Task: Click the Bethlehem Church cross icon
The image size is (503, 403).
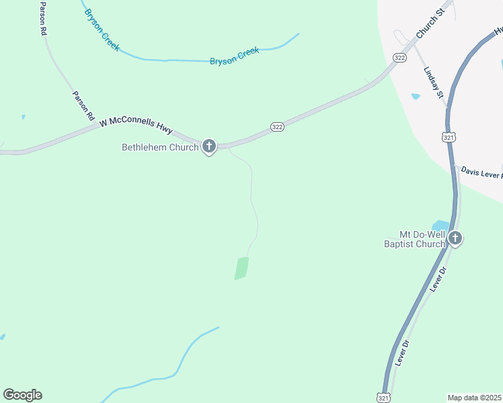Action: [x=208, y=146]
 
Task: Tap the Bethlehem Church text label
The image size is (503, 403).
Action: [x=160, y=147]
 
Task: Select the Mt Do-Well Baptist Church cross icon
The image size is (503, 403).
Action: [x=455, y=238]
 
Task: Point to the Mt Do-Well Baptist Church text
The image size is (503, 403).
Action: [x=423, y=239]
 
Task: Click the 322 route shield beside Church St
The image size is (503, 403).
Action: [x=400, y=58]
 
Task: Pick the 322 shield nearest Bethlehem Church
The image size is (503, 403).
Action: [x=277, y=126]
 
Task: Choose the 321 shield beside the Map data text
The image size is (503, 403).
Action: [x=382, y=397]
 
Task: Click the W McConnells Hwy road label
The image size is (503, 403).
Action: [x=135, y=121]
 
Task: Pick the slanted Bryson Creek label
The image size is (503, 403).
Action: [x=102, y=31]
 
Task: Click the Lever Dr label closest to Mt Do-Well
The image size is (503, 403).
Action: [x=439, y=279]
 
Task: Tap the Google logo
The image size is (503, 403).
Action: [x=22, y=395]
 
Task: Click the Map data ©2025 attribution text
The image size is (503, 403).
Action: [x=475, y=398]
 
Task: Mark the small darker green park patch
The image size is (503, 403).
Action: [x=241, y=268]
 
